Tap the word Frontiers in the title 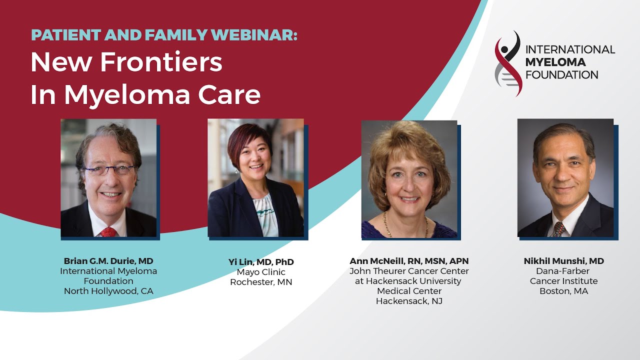161,62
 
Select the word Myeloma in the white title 127,95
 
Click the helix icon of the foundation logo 508,63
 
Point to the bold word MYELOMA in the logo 555,62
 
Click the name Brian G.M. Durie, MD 108,261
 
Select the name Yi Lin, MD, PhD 261,262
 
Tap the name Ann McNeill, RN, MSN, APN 409,261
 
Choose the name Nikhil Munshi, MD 563,261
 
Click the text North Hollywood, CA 108,291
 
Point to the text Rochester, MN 261,282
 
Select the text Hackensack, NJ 409,301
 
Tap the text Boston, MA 563,291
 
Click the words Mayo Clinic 261,272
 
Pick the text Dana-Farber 562,271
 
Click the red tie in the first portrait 108,231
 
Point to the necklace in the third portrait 405,225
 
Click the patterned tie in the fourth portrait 559,229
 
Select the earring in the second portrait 236,171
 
